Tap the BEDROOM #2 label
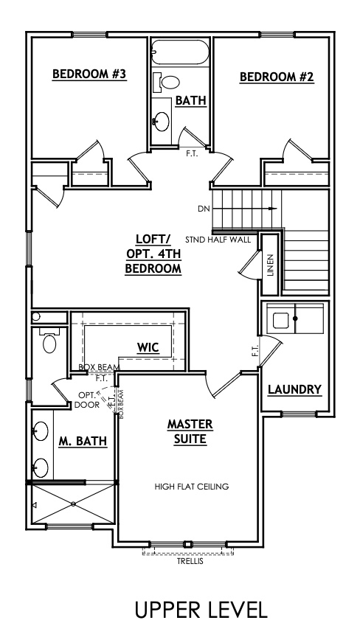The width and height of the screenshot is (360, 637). [277, 76]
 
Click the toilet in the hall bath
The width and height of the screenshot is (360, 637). [171, 82]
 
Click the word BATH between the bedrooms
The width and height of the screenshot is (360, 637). [190, 100]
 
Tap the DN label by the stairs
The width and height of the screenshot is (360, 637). [204, 209]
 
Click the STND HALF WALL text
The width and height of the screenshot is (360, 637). [218, 240]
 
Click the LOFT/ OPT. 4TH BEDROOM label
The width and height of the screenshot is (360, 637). [153, 254]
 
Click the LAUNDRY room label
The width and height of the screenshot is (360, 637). [294, 389]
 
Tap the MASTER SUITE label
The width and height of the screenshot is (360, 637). [190, 432]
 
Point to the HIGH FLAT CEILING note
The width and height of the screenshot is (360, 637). [192, 487]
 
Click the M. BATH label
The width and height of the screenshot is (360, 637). [83, 441]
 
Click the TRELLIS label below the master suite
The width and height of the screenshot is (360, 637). [190, 561]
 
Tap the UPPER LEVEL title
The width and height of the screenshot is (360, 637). [200, 609]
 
